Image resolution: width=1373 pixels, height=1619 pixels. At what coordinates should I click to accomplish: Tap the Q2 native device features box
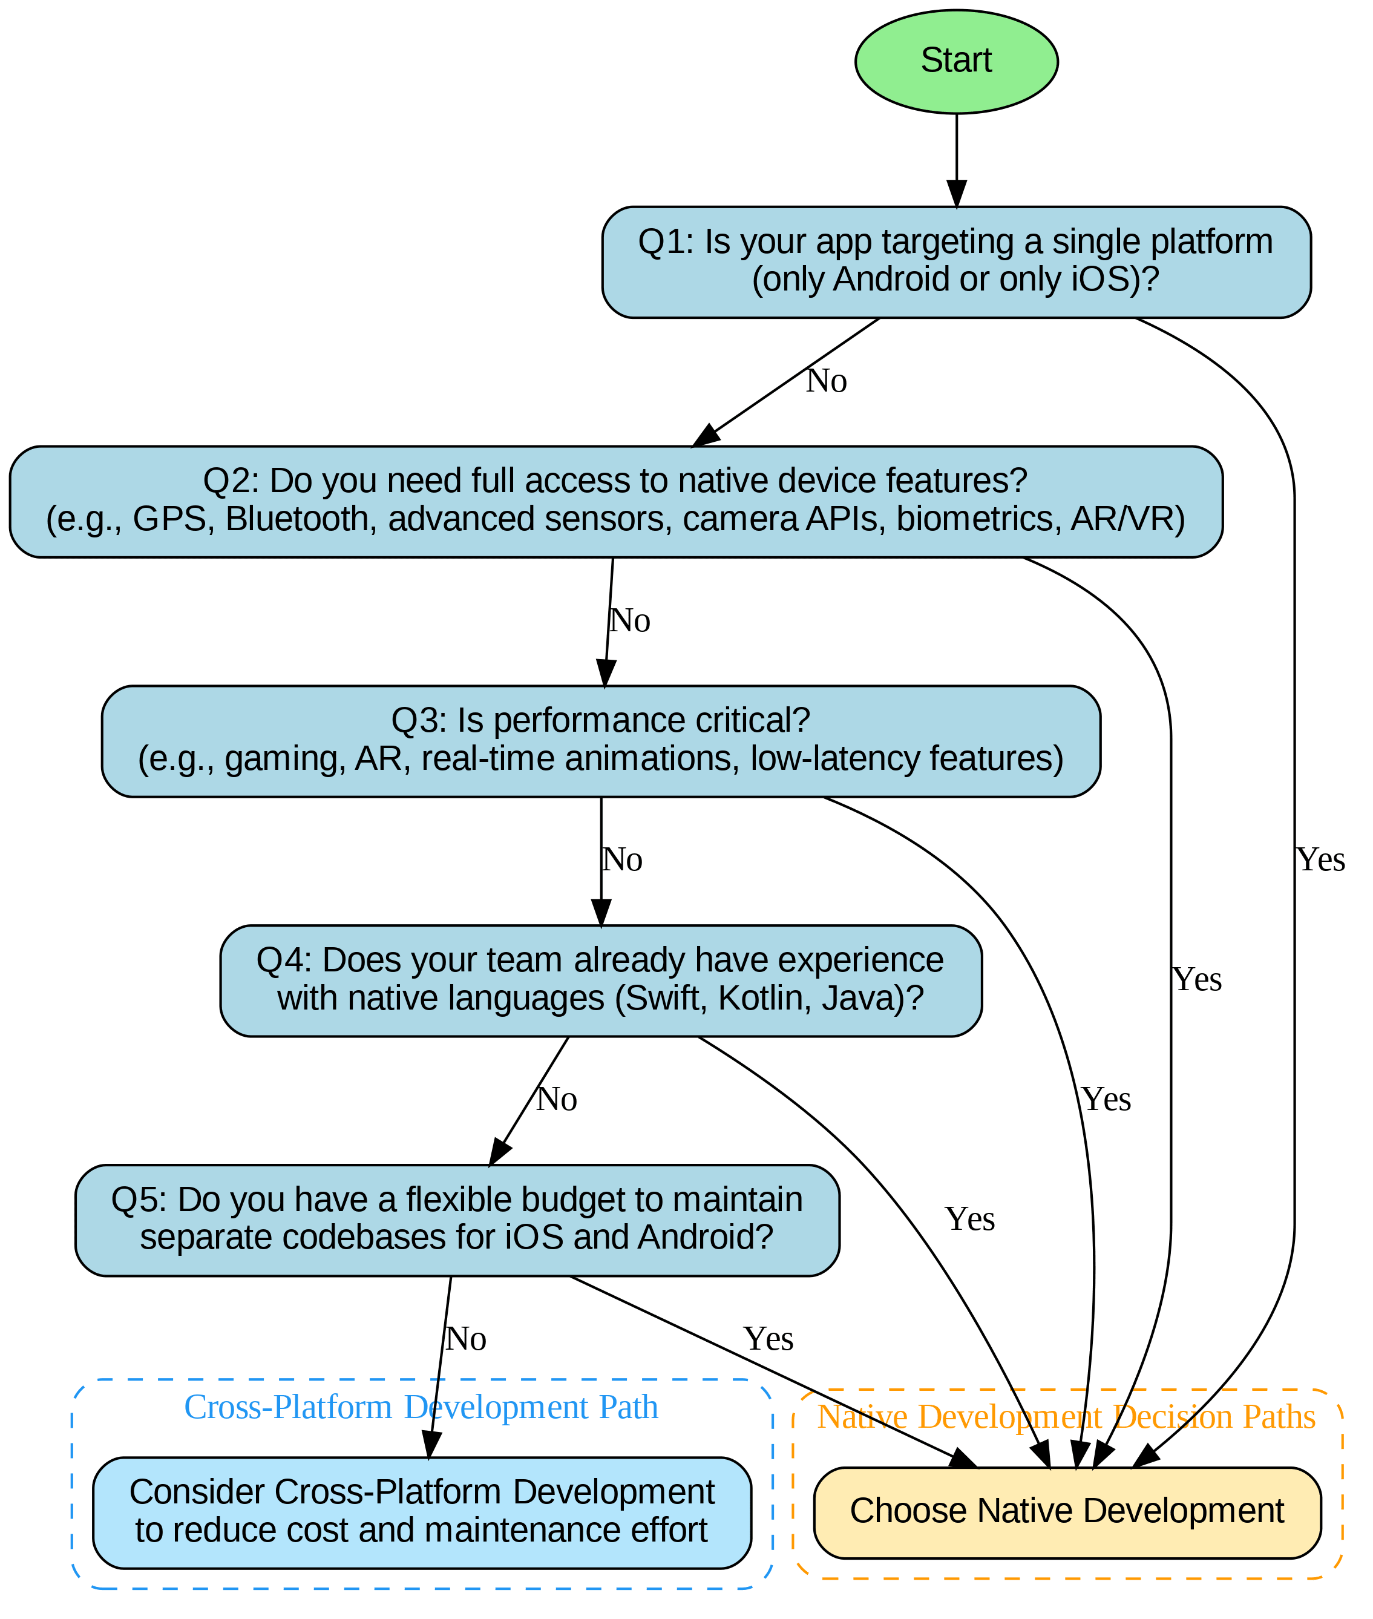615,501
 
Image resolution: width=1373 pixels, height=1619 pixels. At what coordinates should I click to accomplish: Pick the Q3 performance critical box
600,740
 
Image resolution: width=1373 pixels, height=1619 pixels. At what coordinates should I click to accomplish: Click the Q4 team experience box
600,980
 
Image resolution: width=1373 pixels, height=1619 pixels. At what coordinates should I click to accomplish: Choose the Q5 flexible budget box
457,1220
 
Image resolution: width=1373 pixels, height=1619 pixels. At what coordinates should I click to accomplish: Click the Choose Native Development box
1066,1511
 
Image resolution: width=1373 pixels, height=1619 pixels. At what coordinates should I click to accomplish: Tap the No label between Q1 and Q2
826,381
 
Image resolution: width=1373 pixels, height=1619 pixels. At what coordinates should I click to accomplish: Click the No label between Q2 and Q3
629,621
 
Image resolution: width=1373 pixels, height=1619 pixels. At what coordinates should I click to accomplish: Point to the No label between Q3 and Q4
622,860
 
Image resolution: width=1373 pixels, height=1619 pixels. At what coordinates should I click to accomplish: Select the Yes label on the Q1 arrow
1320,860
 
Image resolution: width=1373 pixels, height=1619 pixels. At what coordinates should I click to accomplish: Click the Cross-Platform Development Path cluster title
421,1407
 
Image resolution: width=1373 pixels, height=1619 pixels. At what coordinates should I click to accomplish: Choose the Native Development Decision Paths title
1066,1417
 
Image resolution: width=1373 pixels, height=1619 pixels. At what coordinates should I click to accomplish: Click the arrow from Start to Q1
956,160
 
